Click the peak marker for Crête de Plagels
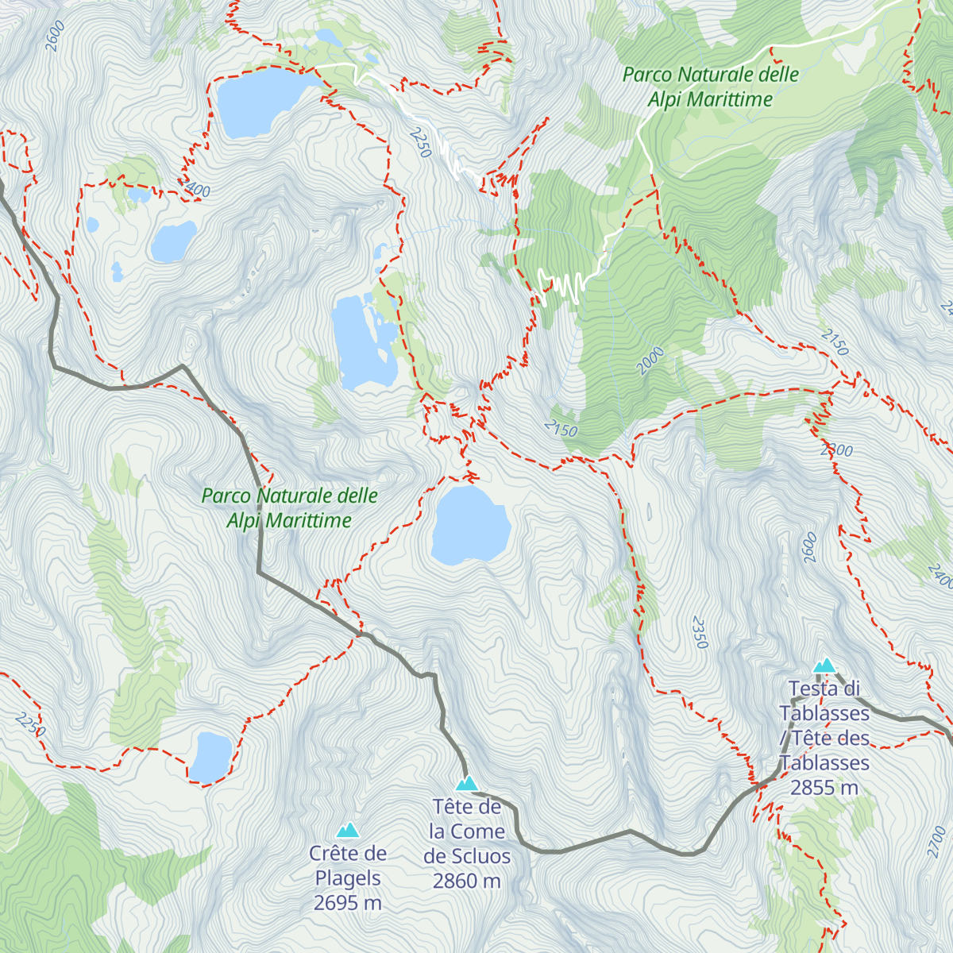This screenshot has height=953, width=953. point(348,831)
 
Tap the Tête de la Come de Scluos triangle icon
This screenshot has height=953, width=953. point(467,784)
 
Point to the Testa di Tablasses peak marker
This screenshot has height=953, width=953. point(825,666)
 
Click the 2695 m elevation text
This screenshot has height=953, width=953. point(348,903)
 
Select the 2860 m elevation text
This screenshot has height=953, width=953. point(467,881)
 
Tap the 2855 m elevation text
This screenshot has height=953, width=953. point(824,788)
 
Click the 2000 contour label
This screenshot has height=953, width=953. point(650,361)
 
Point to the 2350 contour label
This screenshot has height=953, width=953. point(699,632)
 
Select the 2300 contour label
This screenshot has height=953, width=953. point(836,450)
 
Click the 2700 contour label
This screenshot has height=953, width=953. point(937,841)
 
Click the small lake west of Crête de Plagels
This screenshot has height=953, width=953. point(210,757)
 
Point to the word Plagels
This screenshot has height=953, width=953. point(348,878)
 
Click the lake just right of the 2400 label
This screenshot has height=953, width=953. point(173,241)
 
